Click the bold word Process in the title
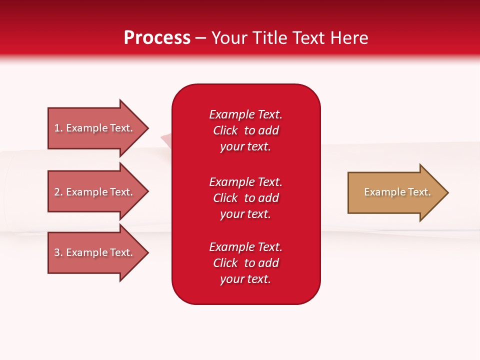tap(157, 38)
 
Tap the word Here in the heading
tap(349, 38)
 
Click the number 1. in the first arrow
tap(58, 128)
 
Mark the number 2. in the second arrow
tap(58, 192)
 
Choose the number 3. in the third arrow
tap(58, 252)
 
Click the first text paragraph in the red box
tap(245, 130)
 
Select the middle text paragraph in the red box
tap(245, 198)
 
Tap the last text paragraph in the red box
tap(245, 263)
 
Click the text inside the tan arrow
tap(397, 192)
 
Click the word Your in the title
tap(229, 38)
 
